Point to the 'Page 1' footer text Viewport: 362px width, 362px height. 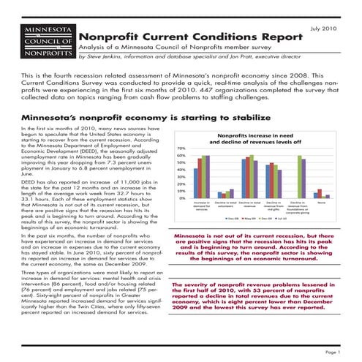coord(332,352)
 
